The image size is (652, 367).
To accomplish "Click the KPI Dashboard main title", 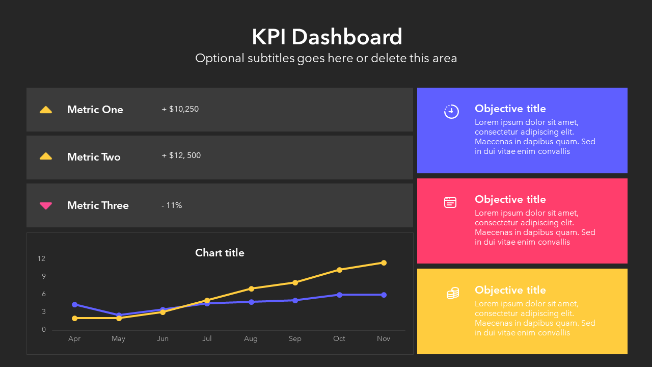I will pyautogui.click(x=327, y=37).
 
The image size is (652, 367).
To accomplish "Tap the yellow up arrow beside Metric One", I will pyautogui.click(x=46, y=110).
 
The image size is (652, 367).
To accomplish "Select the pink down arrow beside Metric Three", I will pyautogui.click(x=46, y=205).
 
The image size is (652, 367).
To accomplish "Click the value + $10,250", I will pyautogui.click(x=180, y=109).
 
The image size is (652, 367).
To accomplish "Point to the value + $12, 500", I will pyautogui.click(x=181, y=155).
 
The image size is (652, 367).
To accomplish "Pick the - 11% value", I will pyautogui.click(x=172, y=205).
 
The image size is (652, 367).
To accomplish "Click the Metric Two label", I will pyautogui.click(x=94, y=157).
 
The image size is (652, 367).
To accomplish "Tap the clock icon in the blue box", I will pyautogui.click(x=451, y=112).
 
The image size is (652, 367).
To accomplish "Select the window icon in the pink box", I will pyautogui.click(x=450, y=202).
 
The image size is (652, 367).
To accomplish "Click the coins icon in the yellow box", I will pyautogui.click(x=452, y=293).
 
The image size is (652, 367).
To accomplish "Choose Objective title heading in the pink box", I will pyautogui.click(x=510, y=199).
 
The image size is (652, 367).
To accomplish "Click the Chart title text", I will pyautogui.click(x=220, y=253).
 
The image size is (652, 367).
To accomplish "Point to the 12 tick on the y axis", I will pyautogui.click(x=41, y=259).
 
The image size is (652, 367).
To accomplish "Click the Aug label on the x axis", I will pyautogui.click(x=251, y=339).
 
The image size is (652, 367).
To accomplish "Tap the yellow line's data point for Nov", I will pyautogui.click(x=384, y=263).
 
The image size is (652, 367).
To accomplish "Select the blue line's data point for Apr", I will pyautogui.click(x=75, y=304).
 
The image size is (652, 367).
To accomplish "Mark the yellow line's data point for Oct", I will pyautogui.click(x=339, y=270).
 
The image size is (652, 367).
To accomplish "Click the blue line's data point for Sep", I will pyautogui.click(x=295, y=300).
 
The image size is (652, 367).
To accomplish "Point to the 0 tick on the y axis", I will pyautogui.click(x=43, y=330).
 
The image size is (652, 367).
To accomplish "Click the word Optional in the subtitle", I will pyautogui.click(x=219, y=59).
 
